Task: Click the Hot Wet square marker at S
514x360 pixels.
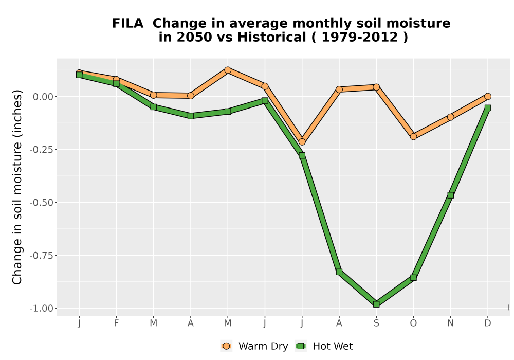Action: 376,304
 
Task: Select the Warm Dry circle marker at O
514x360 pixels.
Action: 413,136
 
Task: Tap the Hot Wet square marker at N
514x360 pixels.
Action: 450,195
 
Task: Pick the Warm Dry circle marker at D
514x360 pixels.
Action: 488,96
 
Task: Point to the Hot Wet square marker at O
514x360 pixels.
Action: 413,278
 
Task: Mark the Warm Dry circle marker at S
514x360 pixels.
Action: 376,87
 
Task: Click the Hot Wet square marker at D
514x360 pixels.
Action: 488,108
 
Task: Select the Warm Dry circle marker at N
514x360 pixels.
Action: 450,117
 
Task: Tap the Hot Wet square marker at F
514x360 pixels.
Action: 116,84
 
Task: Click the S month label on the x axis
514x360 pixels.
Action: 376,323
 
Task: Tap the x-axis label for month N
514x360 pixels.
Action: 450,323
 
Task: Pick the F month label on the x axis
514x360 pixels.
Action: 116,323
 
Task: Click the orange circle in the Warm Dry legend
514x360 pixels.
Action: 226,346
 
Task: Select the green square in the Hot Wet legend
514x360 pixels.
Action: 301,346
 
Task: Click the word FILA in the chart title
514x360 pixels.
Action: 128,24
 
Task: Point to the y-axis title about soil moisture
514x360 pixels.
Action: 17,187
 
